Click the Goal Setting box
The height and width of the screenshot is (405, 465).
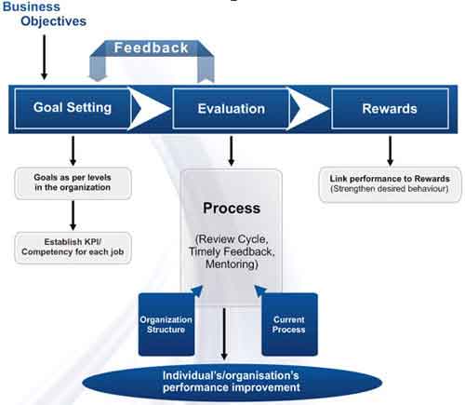point(72,108)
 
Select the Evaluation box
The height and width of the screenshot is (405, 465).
point(231,109)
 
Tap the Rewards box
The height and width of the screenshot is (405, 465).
point(390,109)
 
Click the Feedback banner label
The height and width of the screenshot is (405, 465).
point(151,47)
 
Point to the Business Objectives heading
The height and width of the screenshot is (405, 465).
point(45,14)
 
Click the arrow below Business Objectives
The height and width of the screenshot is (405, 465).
point(45,57)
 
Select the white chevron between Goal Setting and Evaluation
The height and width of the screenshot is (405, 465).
point(150,109)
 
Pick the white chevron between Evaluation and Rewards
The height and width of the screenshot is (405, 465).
point(308,109)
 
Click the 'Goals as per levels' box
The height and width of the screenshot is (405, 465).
point(73,182)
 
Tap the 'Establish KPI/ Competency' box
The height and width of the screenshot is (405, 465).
point(73,248)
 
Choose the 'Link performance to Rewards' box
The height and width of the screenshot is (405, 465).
point(390,184)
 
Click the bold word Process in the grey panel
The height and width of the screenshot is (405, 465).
point(232,208)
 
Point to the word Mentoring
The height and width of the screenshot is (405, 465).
point(231,264)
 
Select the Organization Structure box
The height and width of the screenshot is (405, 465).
point(166,324)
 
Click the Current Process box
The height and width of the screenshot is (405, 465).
point(289,324)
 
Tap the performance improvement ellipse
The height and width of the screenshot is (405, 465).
point(232,382)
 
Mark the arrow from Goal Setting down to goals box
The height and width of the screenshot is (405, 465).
point(73,151)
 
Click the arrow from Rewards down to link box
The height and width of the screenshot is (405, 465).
point(391,151)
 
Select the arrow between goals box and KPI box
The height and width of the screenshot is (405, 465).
point(73,215)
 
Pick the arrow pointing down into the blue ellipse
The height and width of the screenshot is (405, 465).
point(224,334)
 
